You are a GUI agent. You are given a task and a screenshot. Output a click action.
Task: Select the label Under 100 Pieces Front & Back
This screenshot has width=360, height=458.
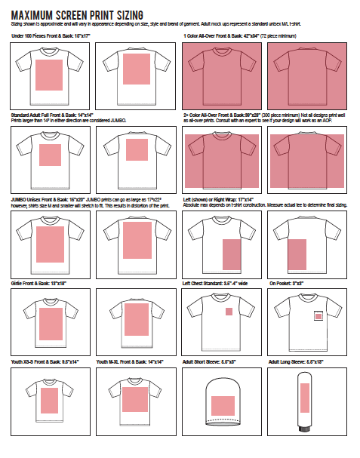pos(49,36)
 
